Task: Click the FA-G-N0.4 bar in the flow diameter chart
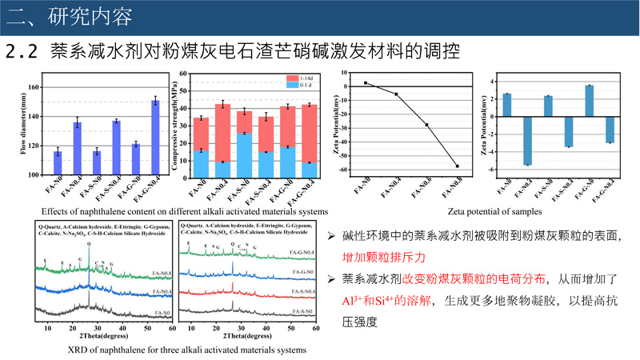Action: tap(155, 138)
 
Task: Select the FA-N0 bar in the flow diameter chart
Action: tap(58, 163)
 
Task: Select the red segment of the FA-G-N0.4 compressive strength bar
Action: tap(309, 134)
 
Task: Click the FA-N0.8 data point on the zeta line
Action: tap(458, 166)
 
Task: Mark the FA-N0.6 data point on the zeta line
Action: tap(426, 125)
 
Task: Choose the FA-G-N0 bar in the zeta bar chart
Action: tap(589, 101)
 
